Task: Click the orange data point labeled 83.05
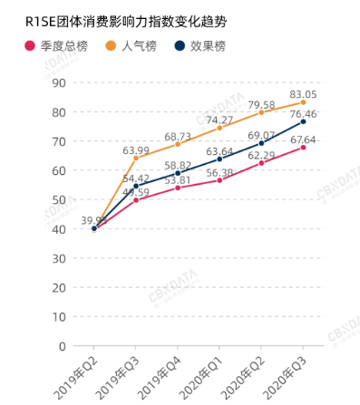point(303,102)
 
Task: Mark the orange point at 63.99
point(136,158)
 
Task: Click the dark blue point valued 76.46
point(303,121)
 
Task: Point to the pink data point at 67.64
point(303,147)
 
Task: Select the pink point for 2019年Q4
point(178,188)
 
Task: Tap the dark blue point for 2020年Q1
point(219,159)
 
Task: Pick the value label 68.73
point(177,136)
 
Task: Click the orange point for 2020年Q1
point(219,128)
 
